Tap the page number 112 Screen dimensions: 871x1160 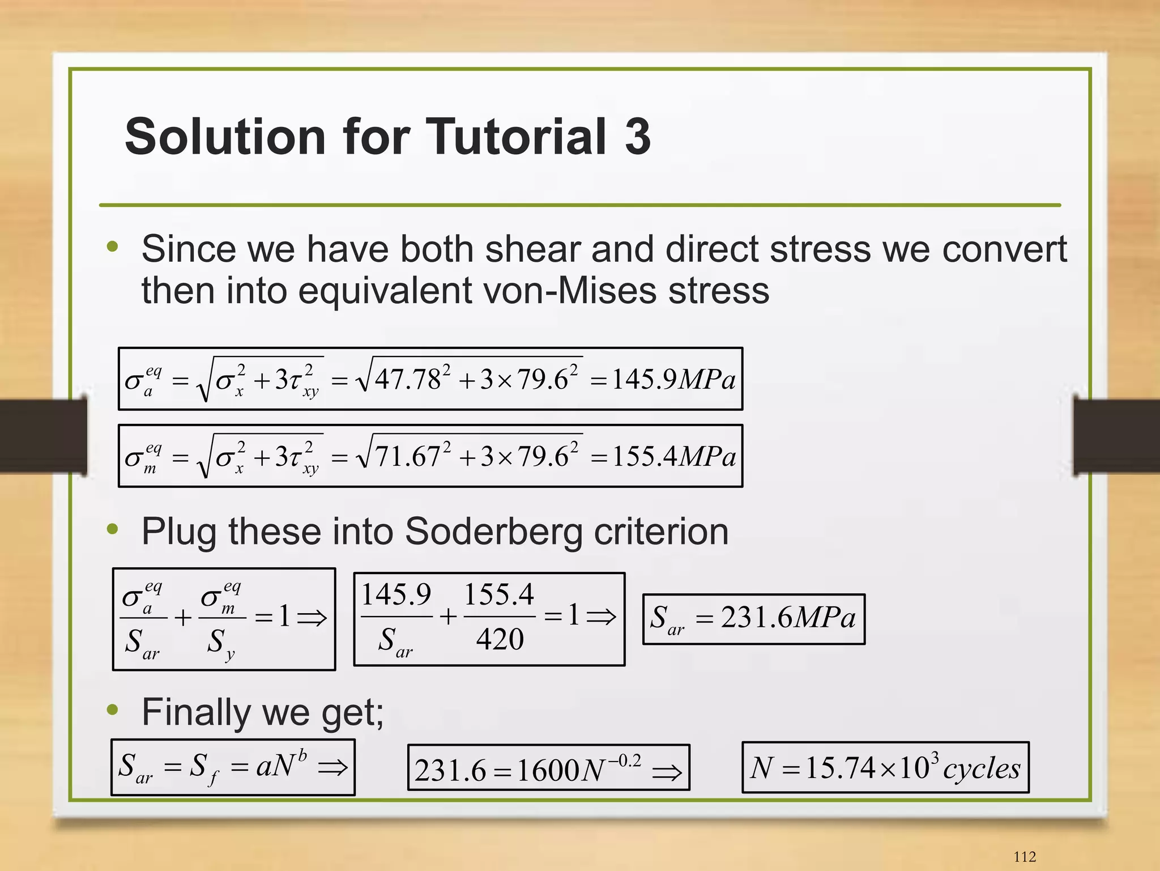click(x=1025, y=856)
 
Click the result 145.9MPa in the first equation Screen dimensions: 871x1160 click(x=673, y=379)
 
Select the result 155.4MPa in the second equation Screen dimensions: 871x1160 click(x=673, y=456)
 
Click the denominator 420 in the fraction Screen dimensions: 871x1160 click(x=500, y=639)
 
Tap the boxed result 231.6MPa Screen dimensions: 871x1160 click(x=753, y=618)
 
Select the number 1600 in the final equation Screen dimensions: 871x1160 click(x=548, y=770)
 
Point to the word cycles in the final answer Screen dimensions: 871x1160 click(x=982, y=769)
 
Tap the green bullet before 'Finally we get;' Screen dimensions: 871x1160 click(x=113, y=709)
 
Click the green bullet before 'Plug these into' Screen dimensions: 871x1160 click(x=113, y=529)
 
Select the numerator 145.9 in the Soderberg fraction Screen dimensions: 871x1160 click(x=396, y=595)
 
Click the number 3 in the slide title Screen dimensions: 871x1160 click(x=638, y=136)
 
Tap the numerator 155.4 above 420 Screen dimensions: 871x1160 click(x=499, y=595)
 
